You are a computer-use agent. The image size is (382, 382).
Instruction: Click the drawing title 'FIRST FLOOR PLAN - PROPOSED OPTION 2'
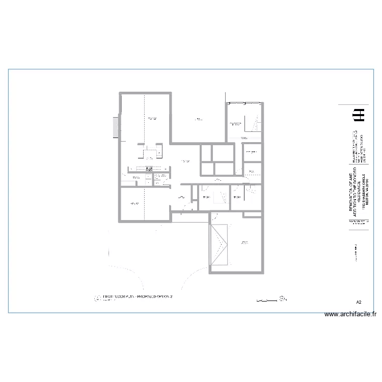click(x=138, y=296)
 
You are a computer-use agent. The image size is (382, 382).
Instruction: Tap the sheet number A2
click(x=359, y=303)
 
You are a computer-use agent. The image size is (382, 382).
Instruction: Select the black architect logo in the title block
click(x=359, y=115)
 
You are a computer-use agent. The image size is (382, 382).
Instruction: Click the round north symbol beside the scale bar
click(x=283, y=299)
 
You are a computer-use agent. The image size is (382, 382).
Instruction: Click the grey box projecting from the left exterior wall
click(x=116, y=127)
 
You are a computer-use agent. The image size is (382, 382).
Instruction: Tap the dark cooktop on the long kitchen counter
click(x=149, y=169)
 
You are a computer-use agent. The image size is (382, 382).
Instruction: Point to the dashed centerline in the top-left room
click(x=145, y=127)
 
